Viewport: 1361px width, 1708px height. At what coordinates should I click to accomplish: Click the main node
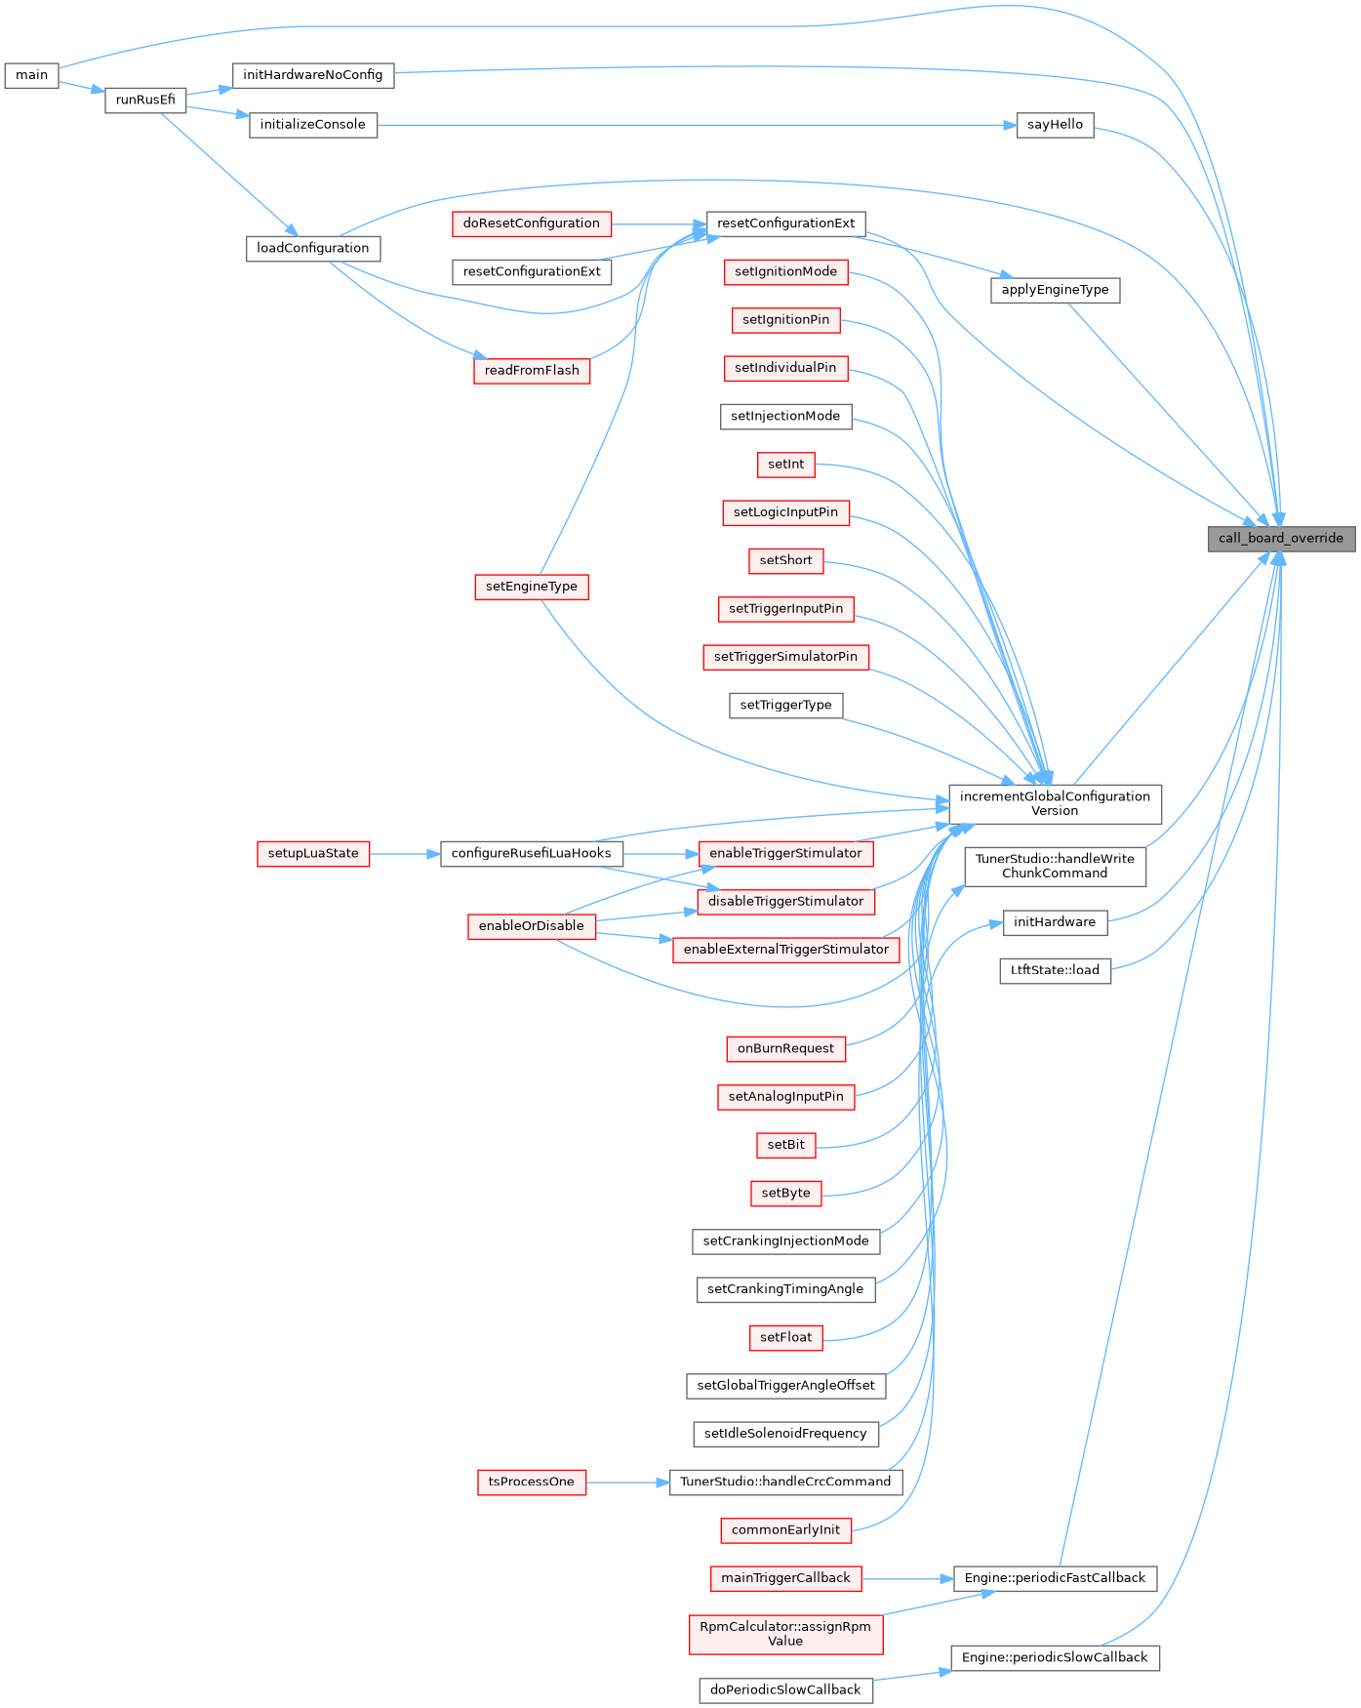coord(31,75)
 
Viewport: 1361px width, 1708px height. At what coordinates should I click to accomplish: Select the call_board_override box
coord(1280,538)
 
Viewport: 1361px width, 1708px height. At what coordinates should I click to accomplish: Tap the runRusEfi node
coord(145,100)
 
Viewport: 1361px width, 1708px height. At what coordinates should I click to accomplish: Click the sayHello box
coord(1055,125)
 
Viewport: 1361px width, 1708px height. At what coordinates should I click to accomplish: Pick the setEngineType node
coord(531,587)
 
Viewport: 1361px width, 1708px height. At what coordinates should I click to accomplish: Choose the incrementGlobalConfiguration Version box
coord(1055,803)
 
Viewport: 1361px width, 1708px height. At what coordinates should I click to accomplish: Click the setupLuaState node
coord(313,853)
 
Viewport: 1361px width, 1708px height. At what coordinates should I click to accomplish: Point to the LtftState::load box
coord(1055,970)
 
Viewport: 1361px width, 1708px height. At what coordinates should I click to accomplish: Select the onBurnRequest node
coord(785,1048)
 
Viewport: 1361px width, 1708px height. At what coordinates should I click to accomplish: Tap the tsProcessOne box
coord(531,1482)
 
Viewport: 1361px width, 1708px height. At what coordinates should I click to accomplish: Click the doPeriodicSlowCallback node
coord(785,1689)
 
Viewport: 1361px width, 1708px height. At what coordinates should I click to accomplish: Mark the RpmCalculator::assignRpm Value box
coord(785,1634)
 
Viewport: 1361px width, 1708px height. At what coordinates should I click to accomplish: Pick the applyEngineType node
coord(1055,290)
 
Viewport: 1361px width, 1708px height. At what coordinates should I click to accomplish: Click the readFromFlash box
coord(532,370)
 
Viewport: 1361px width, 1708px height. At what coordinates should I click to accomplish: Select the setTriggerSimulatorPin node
coord(785,657)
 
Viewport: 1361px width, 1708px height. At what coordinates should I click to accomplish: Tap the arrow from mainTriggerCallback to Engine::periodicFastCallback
coord(907,1578)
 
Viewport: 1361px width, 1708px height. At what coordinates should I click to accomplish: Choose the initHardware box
coord(1055,922)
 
